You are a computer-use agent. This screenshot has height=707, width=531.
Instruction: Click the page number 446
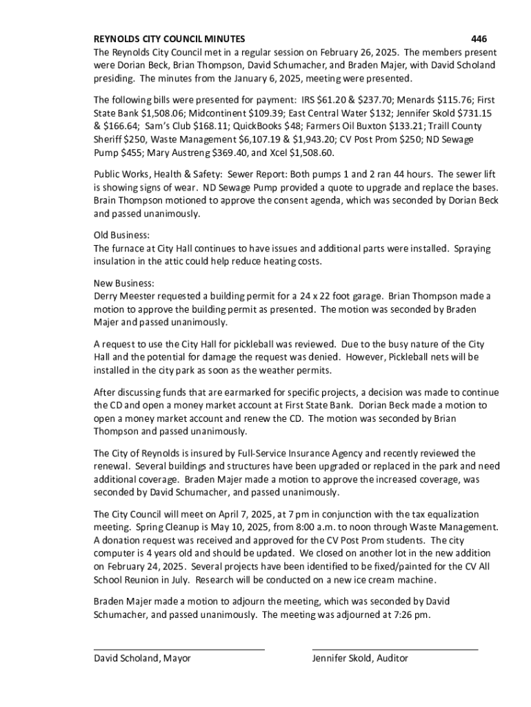tap(479, 39)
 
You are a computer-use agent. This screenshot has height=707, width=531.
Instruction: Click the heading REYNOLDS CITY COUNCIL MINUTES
tap(169, 39)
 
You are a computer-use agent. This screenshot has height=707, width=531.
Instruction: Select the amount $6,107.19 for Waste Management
tap(232, 139)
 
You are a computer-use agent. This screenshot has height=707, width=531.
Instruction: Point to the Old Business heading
tap(121, 235)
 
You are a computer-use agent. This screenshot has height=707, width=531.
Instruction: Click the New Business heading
tap(124, 283)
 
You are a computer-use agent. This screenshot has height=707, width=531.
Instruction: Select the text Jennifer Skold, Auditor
tap(360, 659)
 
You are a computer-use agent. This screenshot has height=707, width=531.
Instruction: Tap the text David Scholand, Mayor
tap(142, 659)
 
